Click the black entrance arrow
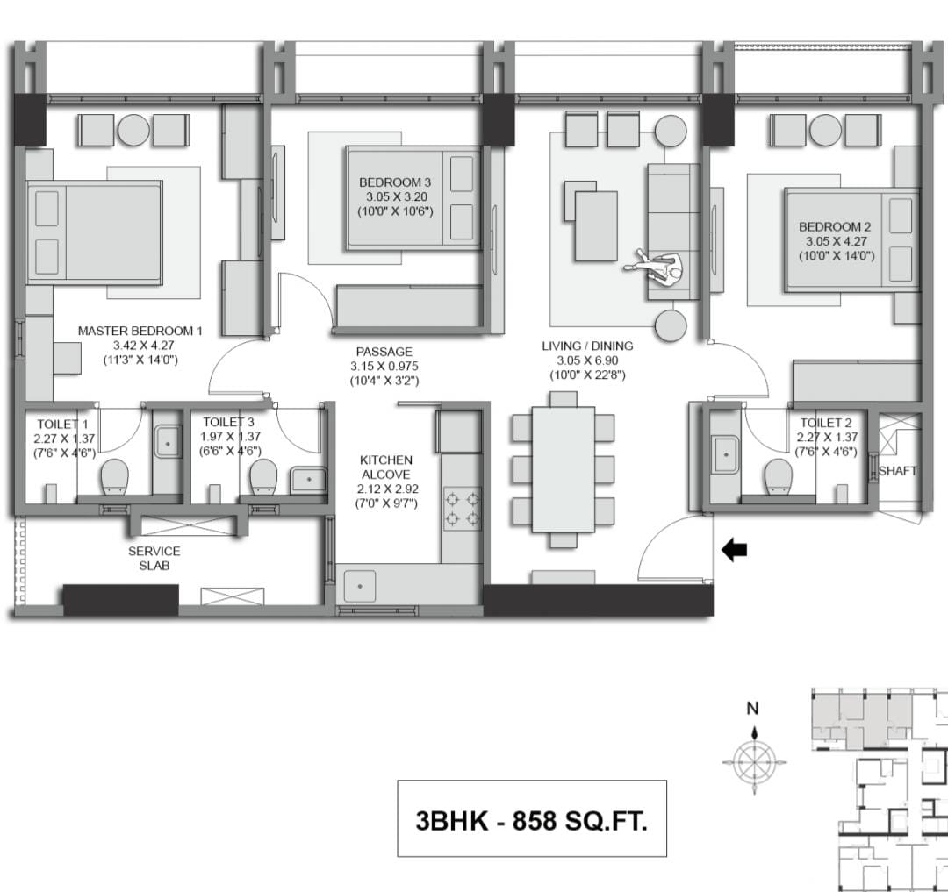pos(735,550)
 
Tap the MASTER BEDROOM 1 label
pos(140,331)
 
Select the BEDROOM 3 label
pos(395,182)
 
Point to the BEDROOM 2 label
pos(835,227)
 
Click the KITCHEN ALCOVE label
pos(385,467)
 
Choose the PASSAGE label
pos(384,352)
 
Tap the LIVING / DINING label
pos(587,346)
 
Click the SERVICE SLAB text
pos(154,558)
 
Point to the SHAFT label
pos(898,471)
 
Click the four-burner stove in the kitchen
pos(463,509)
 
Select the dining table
pos(564,469)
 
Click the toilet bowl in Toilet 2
pos(778,476)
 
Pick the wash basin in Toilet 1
pos(168,443)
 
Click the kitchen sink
pos(360,586)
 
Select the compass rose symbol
pos(754,761)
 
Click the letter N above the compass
pos(753,709)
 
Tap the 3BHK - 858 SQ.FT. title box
pos(532,818)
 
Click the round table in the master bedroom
pos(133,130)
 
